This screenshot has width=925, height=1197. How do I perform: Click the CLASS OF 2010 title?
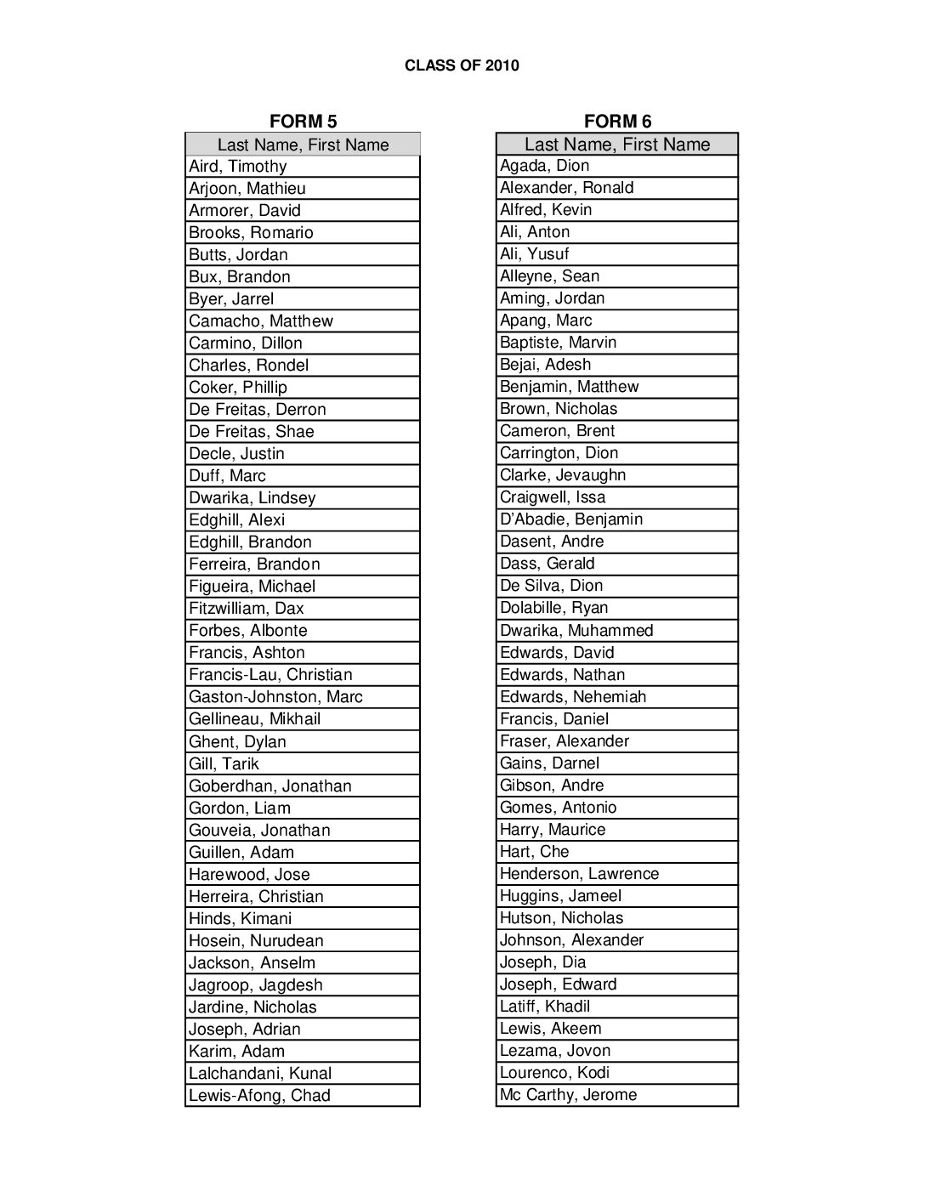tap(462, 65)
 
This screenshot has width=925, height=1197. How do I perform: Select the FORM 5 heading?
tap(303, 122)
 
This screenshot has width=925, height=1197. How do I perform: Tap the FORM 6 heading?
tap(617, 122)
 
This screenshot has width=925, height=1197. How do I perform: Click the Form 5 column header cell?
tap(303, 145)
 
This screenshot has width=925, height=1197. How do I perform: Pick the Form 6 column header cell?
tap(617, 145)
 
